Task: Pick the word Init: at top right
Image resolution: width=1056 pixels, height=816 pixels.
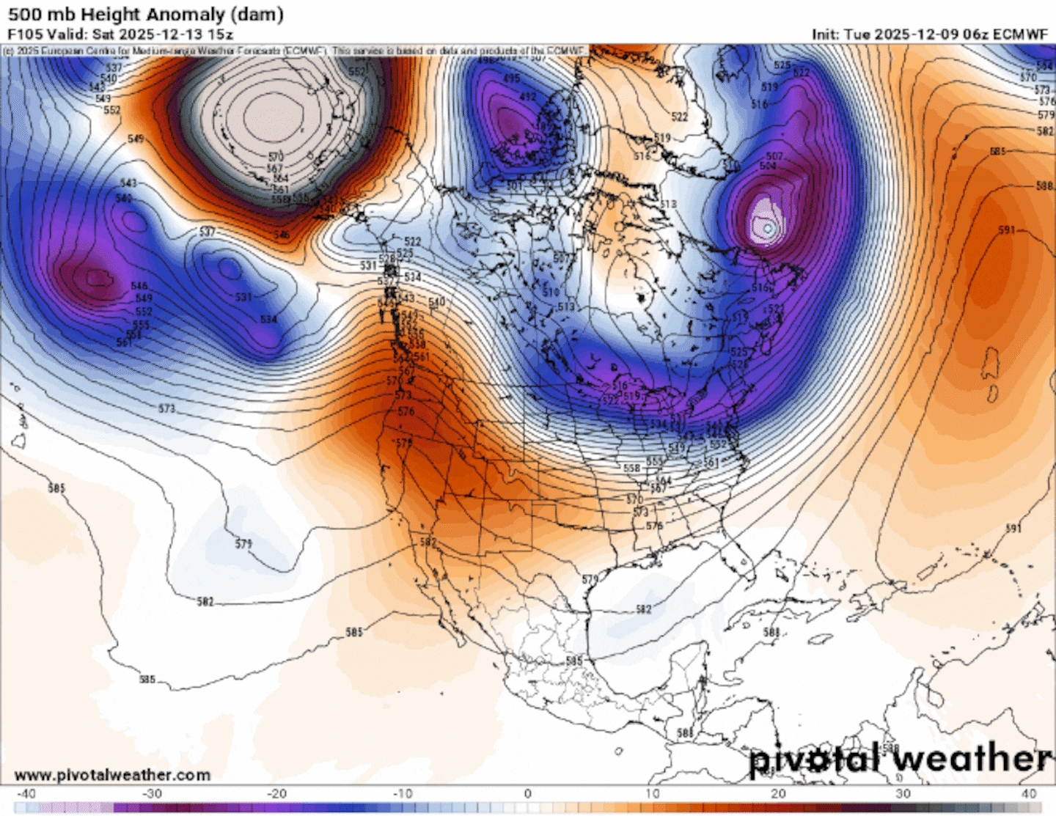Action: (826, 34)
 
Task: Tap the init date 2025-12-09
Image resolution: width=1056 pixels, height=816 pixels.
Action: (907, 34)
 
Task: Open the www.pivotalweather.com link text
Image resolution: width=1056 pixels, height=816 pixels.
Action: (112, 775)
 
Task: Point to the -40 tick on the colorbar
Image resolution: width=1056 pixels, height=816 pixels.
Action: (26, 793)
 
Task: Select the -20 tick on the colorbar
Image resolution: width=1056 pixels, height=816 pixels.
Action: (276, 793)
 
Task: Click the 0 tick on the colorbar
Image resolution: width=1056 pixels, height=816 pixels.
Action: (527, 793)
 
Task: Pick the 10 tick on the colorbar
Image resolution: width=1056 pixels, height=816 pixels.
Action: (653, 793)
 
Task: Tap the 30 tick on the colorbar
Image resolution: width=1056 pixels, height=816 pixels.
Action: (903, 793)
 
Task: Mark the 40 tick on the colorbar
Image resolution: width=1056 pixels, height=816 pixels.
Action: (1029, 793)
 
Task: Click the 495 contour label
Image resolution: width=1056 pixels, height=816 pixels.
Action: (511, 78)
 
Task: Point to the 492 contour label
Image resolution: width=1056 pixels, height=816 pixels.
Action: (527, 97)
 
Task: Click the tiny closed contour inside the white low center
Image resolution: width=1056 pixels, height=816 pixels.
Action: (768, 229)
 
